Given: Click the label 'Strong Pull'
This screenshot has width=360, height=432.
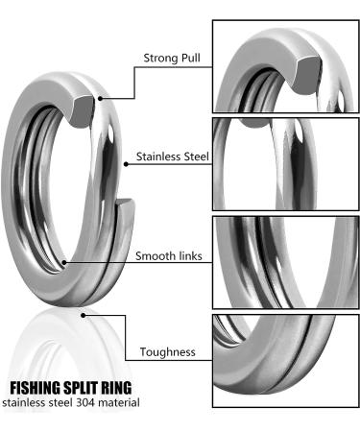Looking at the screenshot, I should [173, 58].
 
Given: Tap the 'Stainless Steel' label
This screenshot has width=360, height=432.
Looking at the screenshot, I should [173, 156].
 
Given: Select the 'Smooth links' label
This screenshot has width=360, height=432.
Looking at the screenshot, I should [170, 256].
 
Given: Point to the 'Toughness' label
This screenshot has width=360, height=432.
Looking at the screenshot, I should [168, 352].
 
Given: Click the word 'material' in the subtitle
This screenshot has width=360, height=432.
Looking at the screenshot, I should [122, 402].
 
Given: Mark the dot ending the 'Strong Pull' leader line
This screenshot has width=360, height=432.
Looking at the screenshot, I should [99, 95].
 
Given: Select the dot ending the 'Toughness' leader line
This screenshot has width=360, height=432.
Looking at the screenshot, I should [85, 311].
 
